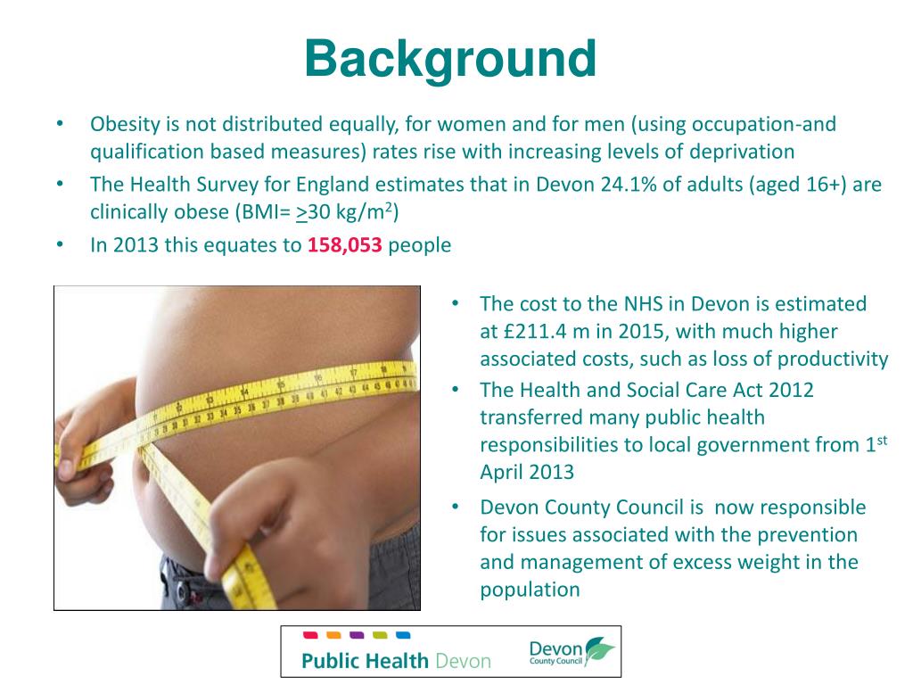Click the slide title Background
click(x=449, y=59)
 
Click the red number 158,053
click(x=345, y=245)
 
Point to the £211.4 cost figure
click(x=533, y=332)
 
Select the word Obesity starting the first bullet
click(x=125, y=124)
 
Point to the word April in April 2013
click(x=503, y=472)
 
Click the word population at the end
click(x=530, y=590)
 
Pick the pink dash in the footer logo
click(x=310, y=635)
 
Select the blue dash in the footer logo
click(x=402, y=635)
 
